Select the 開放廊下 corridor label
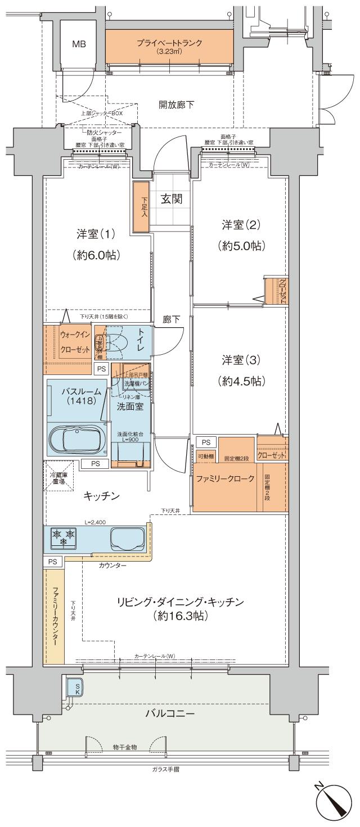(x=177, y=104)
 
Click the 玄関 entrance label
(x=170, y=199)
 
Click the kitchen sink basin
(x=127, y=539)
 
